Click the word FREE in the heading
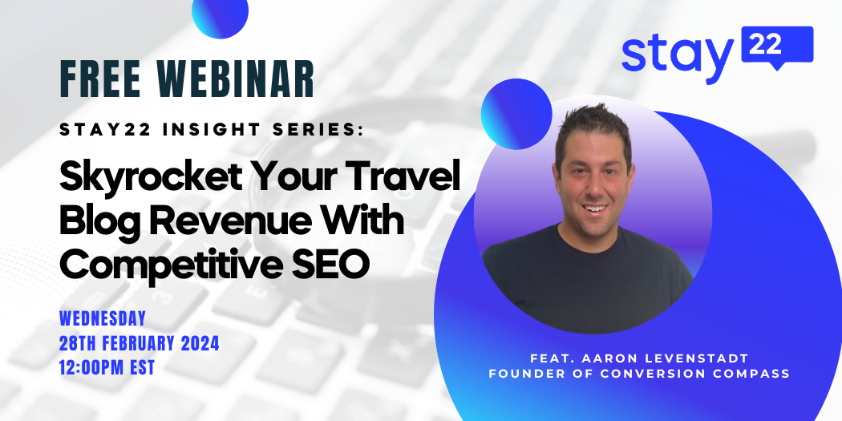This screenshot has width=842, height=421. click(x=99, y=79)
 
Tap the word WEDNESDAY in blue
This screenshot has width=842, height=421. click(x=103, y=318)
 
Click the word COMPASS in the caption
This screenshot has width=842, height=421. click(x=753, y=374)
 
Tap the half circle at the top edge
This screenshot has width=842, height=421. click(x=221, y=15)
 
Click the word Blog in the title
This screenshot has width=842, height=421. click(x=98, y=223)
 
